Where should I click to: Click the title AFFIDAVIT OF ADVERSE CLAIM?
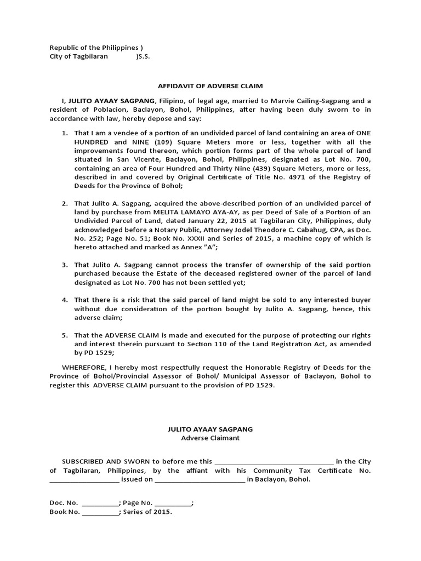(x=210, y=86)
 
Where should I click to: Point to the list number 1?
(x=64, y=133)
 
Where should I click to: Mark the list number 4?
(x=64, y=300)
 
